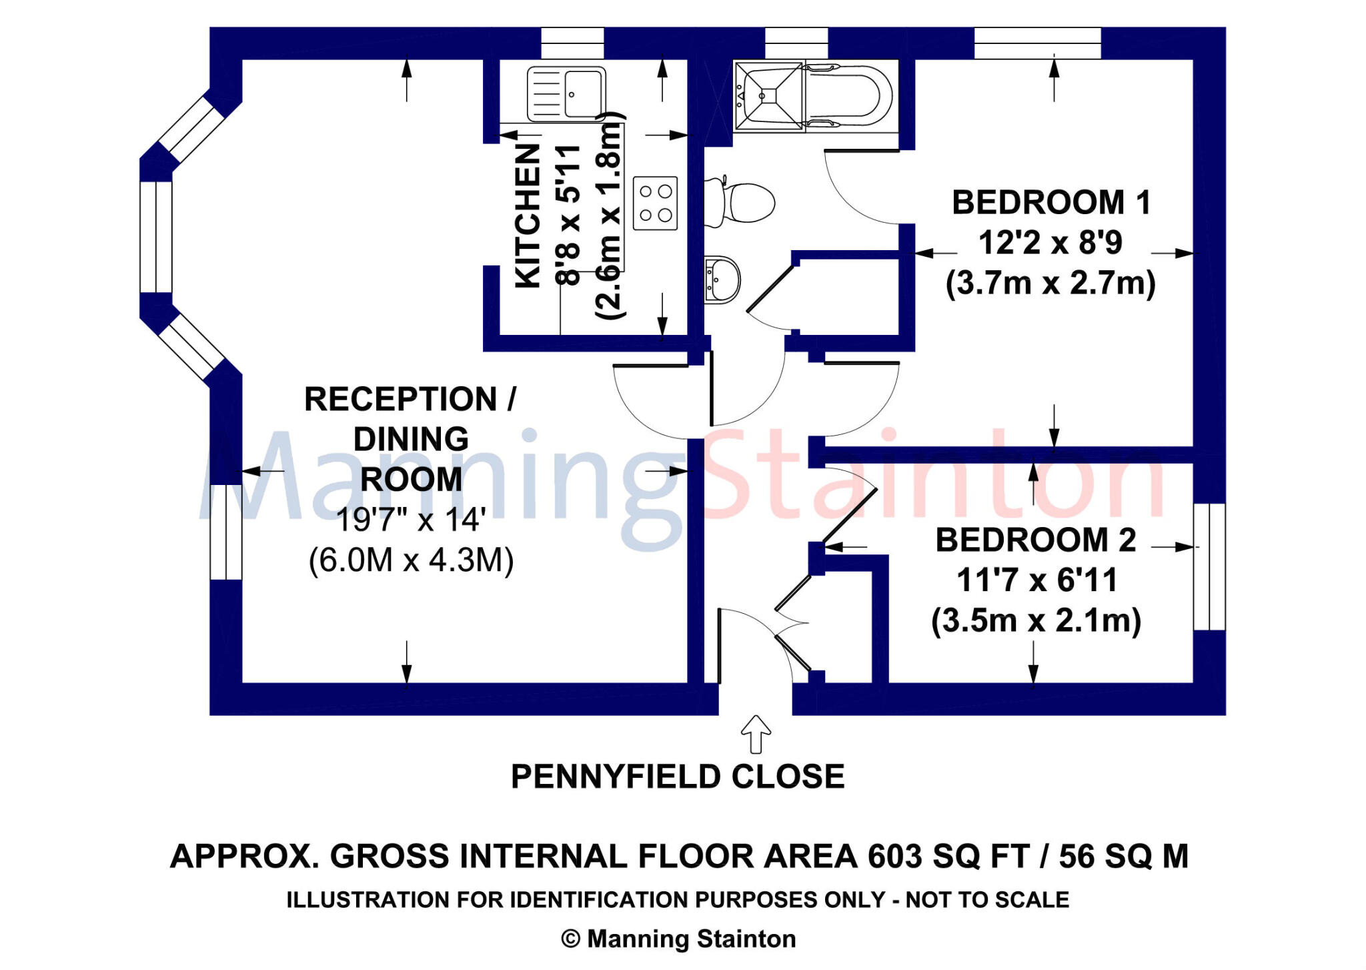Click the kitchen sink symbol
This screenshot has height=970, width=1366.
566,94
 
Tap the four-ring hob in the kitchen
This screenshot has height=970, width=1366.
655,203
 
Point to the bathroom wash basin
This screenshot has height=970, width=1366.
722,280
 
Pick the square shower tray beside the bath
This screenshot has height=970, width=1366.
768,95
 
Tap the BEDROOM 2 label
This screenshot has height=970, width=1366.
1035,540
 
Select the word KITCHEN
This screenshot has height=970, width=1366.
528,216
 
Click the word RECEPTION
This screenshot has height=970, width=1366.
400,399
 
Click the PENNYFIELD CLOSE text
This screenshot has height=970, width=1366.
678,777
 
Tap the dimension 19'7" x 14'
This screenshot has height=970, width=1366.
410,520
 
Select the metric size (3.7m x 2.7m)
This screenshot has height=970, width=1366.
1051,283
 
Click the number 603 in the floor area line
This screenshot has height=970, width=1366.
895,857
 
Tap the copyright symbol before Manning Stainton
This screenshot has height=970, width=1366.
570,939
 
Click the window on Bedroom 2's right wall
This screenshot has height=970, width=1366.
1209,566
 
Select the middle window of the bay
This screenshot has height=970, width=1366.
156,237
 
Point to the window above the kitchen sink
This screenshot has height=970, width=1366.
572,43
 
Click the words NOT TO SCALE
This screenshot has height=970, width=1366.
986,900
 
